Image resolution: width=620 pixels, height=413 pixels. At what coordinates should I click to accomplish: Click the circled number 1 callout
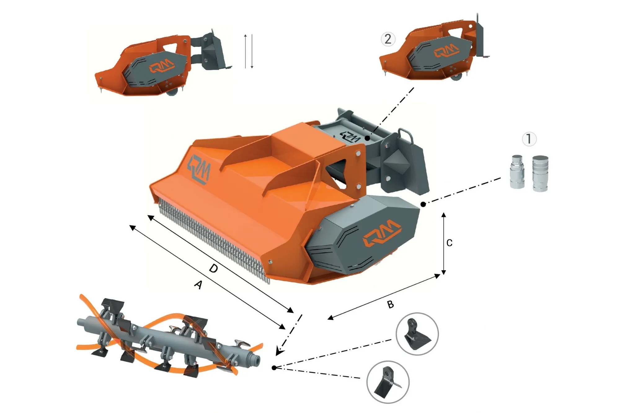[x=529, y=139]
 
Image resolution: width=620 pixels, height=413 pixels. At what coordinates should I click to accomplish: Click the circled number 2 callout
[x=388, y=39]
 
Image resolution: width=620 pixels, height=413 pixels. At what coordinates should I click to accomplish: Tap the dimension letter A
[x=198, y=284]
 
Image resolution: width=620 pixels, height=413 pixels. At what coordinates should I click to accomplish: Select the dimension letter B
[x=391, y=305]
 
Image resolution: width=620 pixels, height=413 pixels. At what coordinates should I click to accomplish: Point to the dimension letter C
[x=449, y=243]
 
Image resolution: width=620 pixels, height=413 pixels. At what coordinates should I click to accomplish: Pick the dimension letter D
[x=214, y=268]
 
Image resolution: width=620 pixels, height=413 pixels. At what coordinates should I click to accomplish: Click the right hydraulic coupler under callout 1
[x=540, y=173]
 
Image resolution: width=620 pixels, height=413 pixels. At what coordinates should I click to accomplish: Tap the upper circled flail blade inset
[x=417, y=334]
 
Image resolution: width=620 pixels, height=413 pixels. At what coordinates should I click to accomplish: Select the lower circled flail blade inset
[x=388, y=382]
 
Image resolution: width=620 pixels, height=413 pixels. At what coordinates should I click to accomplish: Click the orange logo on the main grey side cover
[x=382, y=233]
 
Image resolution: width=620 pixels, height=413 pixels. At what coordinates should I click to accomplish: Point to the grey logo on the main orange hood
[x=199, y=169]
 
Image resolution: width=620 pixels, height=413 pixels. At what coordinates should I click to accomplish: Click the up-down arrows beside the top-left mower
[x=249, y=51]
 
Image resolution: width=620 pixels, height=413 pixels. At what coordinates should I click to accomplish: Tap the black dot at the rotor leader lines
[x=274, y=368]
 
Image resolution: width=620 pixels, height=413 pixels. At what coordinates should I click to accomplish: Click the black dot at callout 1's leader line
[x=423, y=204]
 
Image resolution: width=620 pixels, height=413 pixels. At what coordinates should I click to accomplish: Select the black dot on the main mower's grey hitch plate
[x=367, y=138]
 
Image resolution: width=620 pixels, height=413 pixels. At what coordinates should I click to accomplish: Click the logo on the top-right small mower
[x=446, y=51]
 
